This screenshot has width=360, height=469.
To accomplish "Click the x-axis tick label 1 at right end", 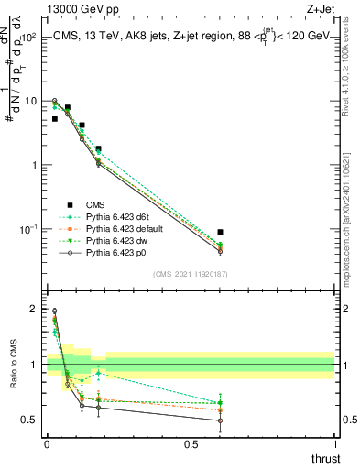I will point(335,443).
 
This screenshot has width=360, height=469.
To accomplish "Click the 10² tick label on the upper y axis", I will point(29,38).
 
